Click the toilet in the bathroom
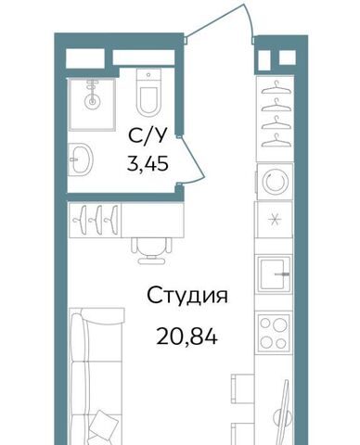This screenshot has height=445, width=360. pos(148,92)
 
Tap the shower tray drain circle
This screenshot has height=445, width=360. pos(92,100)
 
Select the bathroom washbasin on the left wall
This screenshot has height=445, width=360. pos(81,159)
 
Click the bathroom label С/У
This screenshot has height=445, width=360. pos(148,136)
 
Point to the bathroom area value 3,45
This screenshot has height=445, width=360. pos(148,163)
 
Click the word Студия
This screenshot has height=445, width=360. pos(187,296)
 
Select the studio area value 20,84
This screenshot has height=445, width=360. pos(187,337)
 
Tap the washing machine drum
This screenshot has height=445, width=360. pos(276,182)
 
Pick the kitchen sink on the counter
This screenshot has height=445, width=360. pos(274,274)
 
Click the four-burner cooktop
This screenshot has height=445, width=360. pos(274,333)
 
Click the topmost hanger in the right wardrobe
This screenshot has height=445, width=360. pos(276,88)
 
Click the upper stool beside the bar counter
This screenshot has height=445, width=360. pos(242,387)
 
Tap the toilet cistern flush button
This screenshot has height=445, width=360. pos(148,75)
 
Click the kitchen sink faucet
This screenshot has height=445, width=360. pos(282,274)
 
